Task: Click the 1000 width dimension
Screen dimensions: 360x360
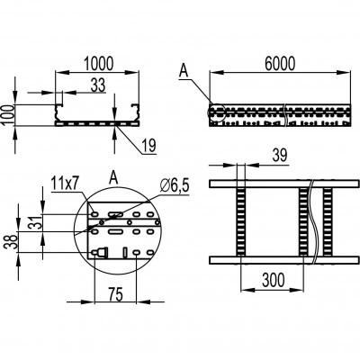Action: (x=98, y=63)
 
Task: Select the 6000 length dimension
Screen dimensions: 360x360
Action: (x=280, y=63)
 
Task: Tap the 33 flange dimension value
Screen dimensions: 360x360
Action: (x=98, y=85)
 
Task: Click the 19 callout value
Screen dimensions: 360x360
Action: (x=149, y=146)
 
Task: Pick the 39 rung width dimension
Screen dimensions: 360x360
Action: (x=280, y=156)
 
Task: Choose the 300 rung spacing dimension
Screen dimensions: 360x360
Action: (x=273, y=280)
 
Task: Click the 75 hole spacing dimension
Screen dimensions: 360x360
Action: (x=115, y=294)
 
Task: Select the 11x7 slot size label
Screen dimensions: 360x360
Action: (x=65, y=183)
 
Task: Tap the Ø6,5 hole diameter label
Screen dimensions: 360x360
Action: (x=175, y=186)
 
